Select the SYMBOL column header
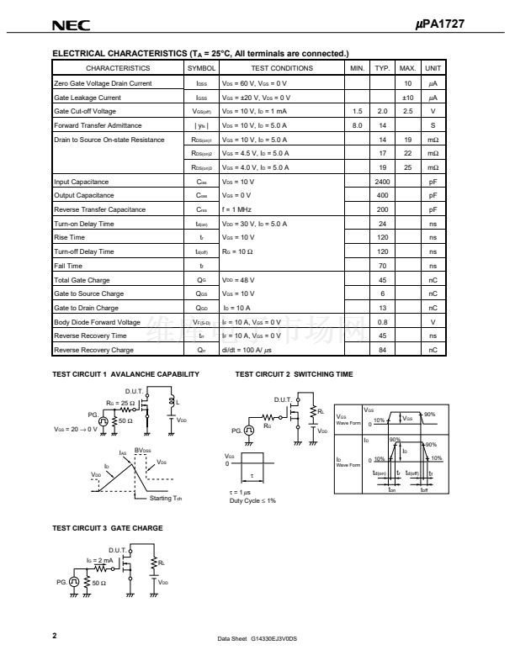click(x=201, y=68)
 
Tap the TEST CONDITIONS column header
click(x=281, y=68)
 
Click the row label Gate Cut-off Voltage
click(x=85, y=111)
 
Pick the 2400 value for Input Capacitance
click(x=382, y=182)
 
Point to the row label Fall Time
click(x=67, y=266)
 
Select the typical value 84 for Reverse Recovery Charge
click(x=382, y=350)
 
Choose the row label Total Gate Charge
click(x=77, y=280)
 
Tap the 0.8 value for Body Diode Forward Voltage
click(x=382, y=322)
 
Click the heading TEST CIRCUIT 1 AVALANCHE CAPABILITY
click(x=125, y=374)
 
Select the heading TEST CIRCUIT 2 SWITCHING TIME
click(x=294, y=374)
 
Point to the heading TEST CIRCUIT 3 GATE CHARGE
click(x=107, y=528)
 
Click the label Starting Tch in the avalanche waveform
click(x=166, y=499)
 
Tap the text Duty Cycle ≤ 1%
click(x=252, y=500)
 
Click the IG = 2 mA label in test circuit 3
click(x=99, y=559)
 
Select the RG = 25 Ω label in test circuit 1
click(x=120, y=403)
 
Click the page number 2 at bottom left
click(x=55, y=635)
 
